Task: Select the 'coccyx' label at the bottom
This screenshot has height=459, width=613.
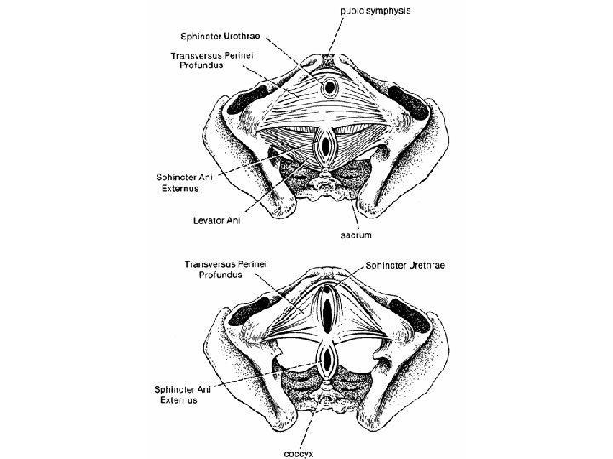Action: point(299,453)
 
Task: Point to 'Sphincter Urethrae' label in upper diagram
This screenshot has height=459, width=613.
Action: point(221,38)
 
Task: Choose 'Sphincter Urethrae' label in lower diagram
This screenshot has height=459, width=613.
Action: point(410,265)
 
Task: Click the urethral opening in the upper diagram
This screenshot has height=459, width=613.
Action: point(329,88)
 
